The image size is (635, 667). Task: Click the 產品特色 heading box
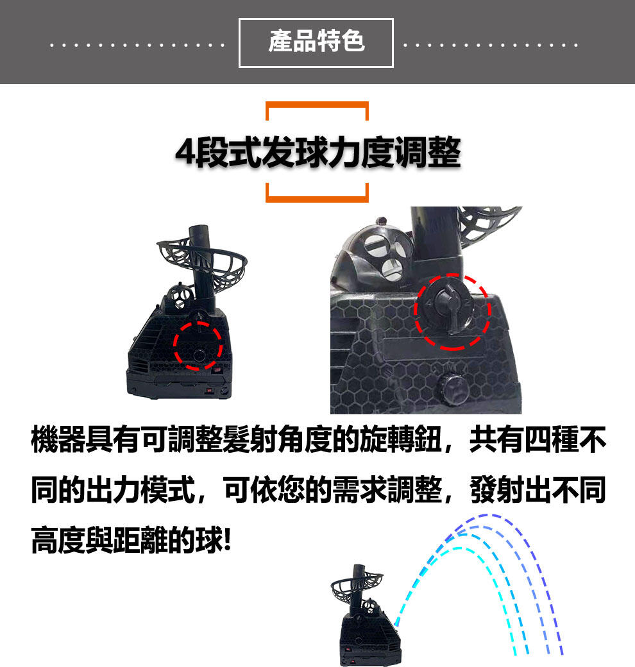coord(316,43)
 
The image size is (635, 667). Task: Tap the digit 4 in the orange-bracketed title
coord(186,152)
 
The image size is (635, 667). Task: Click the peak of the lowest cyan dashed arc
coord(459,548)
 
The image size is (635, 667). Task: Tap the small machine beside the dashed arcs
coord(366,614)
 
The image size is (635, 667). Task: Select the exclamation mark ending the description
coord(226,539)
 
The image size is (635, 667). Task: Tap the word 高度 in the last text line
coord(58,539)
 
